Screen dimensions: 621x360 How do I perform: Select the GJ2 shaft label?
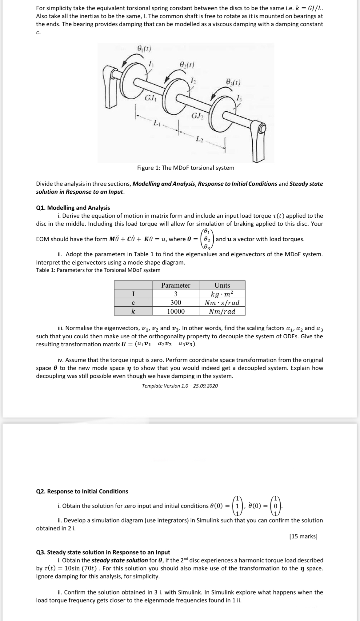pyautogui.click(x=197, y=116)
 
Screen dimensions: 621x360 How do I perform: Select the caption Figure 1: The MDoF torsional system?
pyautogui.click(x=186, y=168)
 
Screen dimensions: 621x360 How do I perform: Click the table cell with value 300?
pyautogui.click(x=176, y=302)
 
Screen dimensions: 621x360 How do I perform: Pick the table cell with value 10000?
pyautogui.click(x=176, y=311)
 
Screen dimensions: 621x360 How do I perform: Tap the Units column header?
pyautogui.click(x=222, y=285)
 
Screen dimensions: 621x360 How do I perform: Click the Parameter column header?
pyautogui.click(x=176, y=285)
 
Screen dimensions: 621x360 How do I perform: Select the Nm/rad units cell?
pyautogui.click(x=222, y=311)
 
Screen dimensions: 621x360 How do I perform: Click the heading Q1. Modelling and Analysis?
pyautogui.click(x=73, y=208)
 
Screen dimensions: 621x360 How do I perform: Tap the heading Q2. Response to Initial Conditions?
pyautogui.click(x=82, y=491)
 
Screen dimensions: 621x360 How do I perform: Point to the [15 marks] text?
pyautogui.click(x=303, y=536)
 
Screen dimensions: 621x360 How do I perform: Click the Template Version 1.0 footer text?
pyautogui.click(x=180, y=386)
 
